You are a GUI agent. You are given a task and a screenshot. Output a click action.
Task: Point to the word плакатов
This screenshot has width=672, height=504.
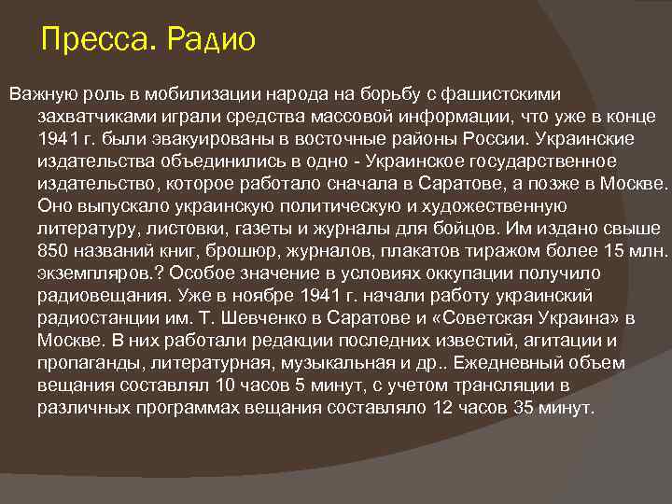pyautogui.click(x=414, y=250)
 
